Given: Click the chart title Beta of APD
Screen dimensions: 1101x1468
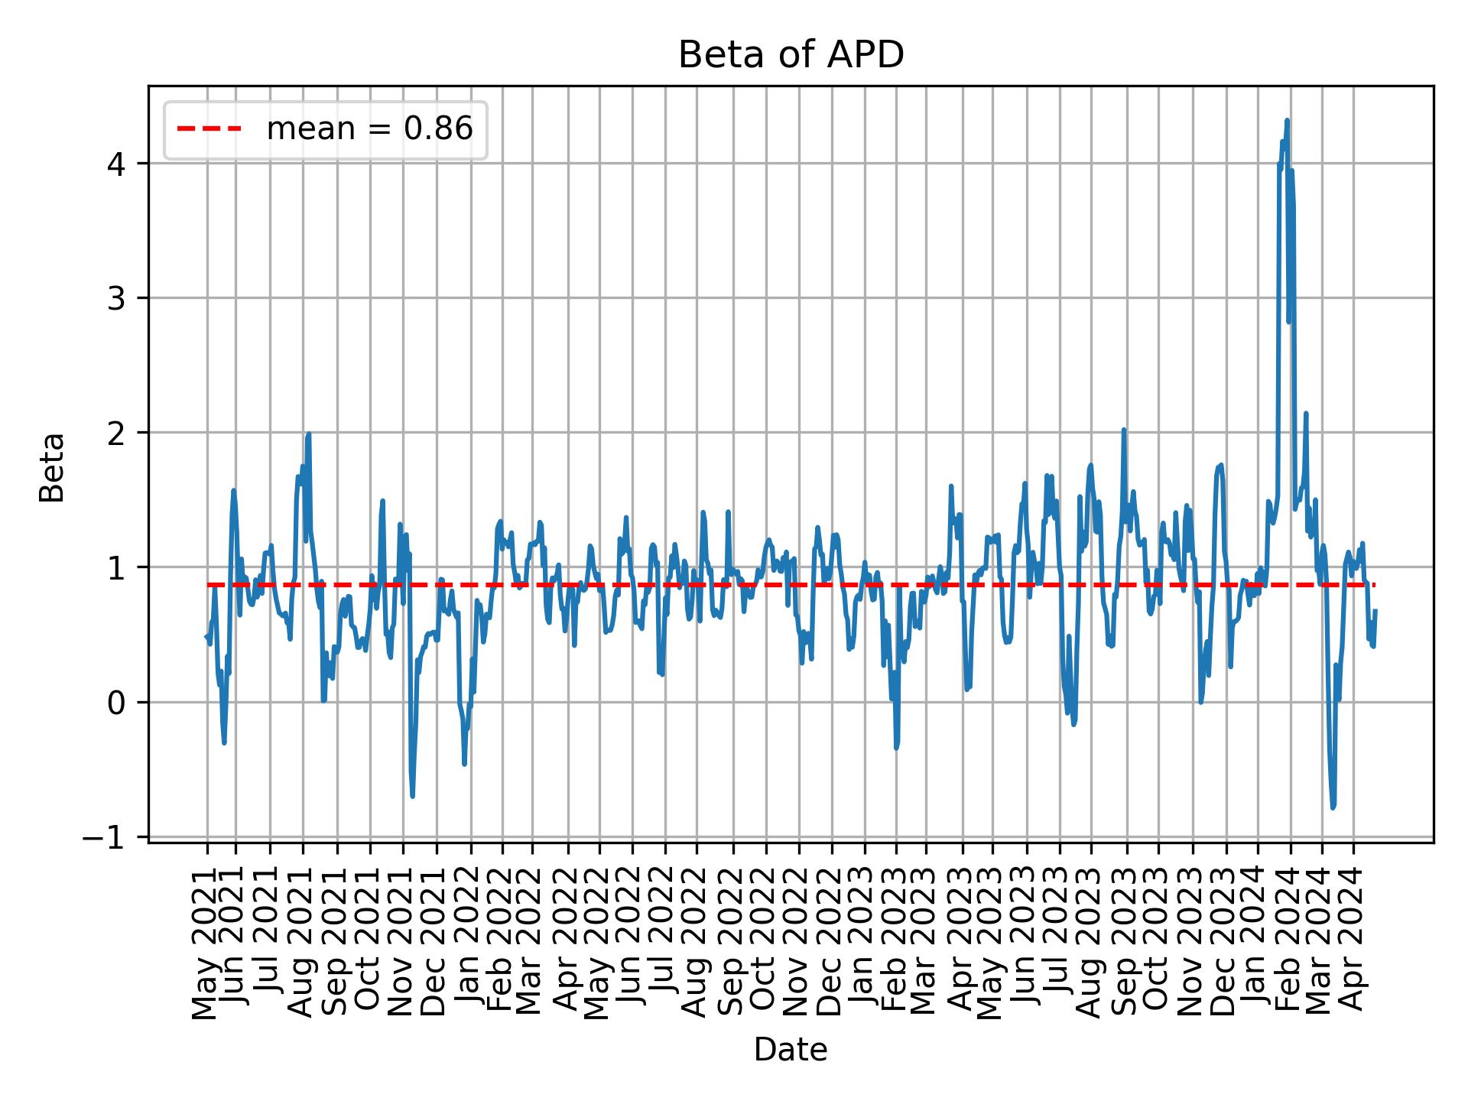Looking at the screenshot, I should tap(791, 55).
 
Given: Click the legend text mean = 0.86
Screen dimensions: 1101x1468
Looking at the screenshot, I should tap(369, 129).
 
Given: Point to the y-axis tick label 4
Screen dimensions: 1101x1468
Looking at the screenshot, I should tap(116, 164).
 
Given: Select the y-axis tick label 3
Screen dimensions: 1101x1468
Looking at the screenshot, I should tap(116, 298).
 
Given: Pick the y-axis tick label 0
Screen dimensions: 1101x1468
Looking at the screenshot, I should tap(116, 702).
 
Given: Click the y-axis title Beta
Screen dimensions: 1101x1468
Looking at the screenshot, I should tap(52, 467).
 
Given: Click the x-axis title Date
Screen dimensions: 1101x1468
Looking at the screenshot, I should tap(791, 1050).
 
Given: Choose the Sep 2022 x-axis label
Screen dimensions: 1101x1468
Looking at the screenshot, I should tap(732, 943).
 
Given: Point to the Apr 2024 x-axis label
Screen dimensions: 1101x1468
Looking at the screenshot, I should tap(1353, 943).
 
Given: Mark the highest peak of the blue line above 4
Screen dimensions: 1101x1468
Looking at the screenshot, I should tap(1287, 120).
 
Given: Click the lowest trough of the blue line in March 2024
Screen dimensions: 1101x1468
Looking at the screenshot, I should tap(1333, 807).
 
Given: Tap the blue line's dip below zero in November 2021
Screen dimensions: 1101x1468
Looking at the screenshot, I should tap(412, 796).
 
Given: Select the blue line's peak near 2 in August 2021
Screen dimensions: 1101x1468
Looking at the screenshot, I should tap(308, 434).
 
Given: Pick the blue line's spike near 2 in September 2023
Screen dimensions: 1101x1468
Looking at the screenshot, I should tap(1123, 430).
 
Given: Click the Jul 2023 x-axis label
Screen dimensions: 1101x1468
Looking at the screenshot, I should tap(1059, 943).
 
